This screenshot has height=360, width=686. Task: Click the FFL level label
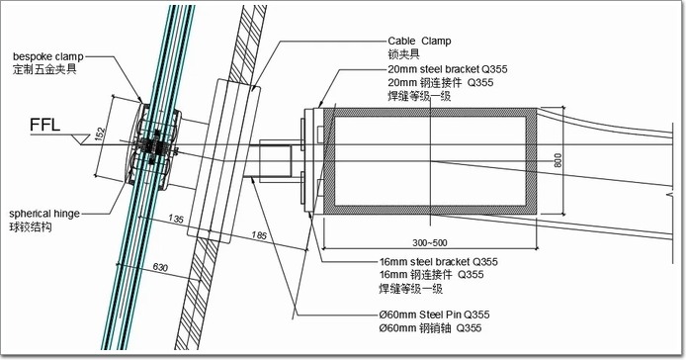coord(44,125)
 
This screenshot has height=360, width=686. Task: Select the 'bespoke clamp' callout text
coord(48,57)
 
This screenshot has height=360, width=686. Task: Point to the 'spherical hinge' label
coord(44,214)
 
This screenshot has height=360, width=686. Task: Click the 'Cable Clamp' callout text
coord(419,42)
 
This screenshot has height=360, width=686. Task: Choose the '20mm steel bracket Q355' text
coord(448,69)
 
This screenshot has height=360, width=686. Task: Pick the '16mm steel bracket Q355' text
coord(438,262)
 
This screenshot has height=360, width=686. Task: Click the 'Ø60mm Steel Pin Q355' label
coord(435,315)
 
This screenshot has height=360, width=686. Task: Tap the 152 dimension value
coord(101,135)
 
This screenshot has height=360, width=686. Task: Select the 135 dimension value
coord(175,219)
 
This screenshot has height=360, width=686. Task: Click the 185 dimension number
coord(259,235)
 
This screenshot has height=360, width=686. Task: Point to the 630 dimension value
coord(160,267)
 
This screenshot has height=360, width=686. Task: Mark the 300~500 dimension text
coord(430,242)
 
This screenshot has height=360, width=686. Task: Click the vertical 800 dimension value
coord(557,160)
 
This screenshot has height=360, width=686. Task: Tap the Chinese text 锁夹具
coord(403,54)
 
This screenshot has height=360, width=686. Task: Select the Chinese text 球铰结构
coord(31,227)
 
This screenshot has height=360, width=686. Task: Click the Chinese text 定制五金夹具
coord(44,70)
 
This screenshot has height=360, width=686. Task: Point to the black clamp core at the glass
coord(153,146)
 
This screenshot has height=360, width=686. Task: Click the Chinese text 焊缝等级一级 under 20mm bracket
coord(419,96)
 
